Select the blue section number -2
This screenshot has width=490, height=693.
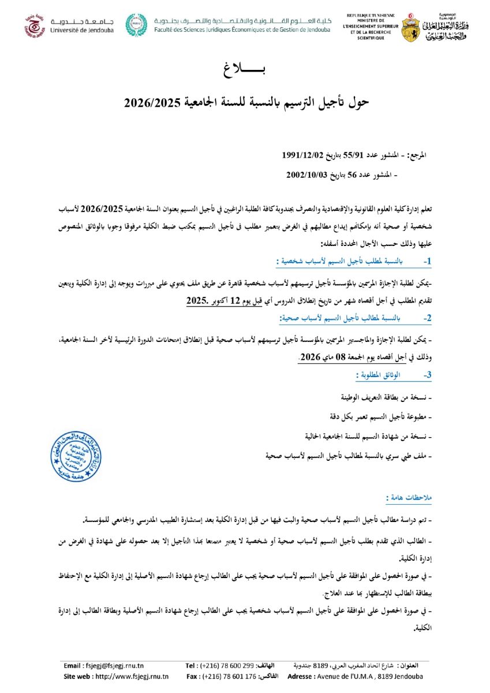click(427, 318)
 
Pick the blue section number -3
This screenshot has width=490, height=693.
click(427, 375)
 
